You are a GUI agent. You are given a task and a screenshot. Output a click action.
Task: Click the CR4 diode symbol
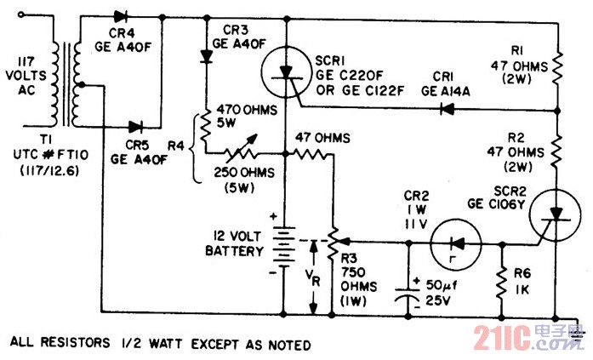pyautogui.click(x=121, y=17)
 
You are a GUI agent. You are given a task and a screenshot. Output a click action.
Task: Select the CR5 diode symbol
pyautogui.click(x=136, y=127)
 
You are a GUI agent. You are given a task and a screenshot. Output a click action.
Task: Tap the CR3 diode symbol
pyautogui.click(x=206, y=57)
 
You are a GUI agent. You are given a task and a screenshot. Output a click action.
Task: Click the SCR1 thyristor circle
pyautogui.click(x=286, y=71)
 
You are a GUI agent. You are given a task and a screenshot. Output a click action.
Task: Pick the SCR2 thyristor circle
pyautogui.click(x=556, y=215)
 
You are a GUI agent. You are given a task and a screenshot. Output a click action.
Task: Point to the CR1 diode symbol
pyautogui.click(x=448, y=110)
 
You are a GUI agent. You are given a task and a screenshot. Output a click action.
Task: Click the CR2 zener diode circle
pyautogui.click(x=456, y=244)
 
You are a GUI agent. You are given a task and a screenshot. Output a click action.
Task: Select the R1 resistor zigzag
pyautogui.click(x=557, y=69)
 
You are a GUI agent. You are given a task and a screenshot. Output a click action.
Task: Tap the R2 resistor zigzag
pyautogui.click(x=556, y=151)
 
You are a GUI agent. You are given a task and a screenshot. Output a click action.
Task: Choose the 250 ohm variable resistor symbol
pyautogui.click(x=241, y=150)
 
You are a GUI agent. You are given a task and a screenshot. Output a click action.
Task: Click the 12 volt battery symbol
pyautogui.click(x=282, y=246)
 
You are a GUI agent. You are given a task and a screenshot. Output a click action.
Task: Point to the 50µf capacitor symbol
pyautogui.click(x=408, y=294)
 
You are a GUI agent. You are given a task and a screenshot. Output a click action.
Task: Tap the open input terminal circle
pyautogui.click(x=20, y=14)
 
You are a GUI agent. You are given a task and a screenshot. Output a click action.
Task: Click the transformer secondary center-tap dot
pyautogui.click(x=82, y=85)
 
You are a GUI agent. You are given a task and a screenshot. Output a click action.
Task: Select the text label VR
pyautogui.click(x=313, y=279)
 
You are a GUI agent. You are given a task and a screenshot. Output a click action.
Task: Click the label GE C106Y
pyautogui.click(x=496, y=204)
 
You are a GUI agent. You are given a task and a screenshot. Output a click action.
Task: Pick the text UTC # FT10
pyautogui.click(x=51, y=155)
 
